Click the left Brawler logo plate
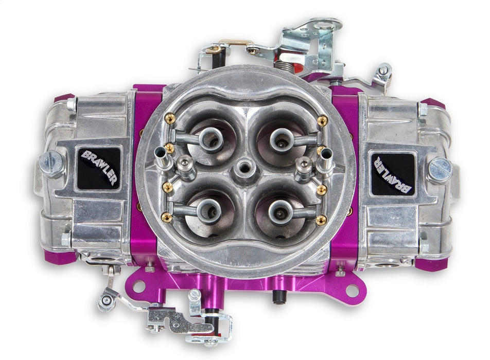[x=98, y=168]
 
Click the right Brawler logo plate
[x=392, y=174]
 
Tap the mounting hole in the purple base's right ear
[x=352, y=289]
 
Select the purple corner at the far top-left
[x=64, y=98]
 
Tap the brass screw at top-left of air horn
[x=170, y=118]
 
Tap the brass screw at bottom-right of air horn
[x=321, y=220]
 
